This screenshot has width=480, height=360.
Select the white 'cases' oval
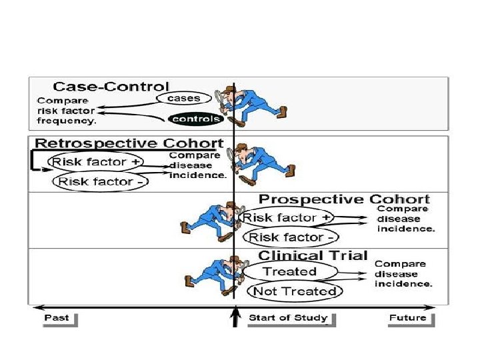tap(183, 99)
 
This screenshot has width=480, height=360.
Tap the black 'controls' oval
tap(195, 119)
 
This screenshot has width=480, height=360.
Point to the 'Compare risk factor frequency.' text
tap(66, 111)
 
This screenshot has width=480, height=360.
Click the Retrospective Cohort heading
tap(129, 143)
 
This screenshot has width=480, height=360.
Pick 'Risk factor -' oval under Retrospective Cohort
tap(101, 181)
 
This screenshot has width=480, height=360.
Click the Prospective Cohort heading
tap(344, 199)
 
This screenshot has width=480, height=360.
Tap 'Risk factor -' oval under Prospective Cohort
tap(292, 237)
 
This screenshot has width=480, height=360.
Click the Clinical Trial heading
tap(313, 255)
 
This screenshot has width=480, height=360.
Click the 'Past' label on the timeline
tap(57, 317)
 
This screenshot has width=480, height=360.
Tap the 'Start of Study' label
tap(288, 317)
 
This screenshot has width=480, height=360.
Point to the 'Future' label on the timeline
tap(407, 317)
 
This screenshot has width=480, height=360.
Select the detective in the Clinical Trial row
tap(210, 273)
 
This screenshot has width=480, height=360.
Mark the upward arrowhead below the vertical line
tap(235, 313)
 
